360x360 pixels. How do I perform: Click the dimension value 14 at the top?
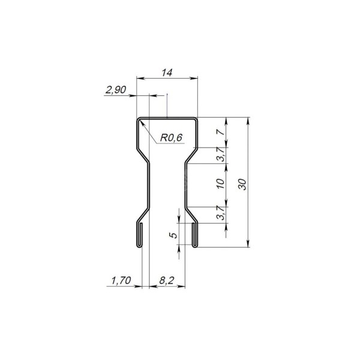pyautogui.click(x=167, y=73)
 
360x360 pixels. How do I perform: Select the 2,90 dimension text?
pyautogui.click(x=116, y=89)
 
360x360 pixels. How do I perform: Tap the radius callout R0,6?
pyautogui.click(x=171, y=138)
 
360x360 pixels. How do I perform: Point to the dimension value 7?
pyautogui.click(x=220, y=132)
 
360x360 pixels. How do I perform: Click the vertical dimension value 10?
pyautogui.click(x=220, y=184)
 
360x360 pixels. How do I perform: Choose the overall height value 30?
pyautogui.click(x=242, y=184)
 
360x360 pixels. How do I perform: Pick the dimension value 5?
pyautogui.click(x=173, y=235)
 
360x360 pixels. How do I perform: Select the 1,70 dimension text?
pyautogui.click(x=121, y=281)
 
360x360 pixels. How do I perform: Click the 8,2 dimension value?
pyautogui.click(x=166, y=281)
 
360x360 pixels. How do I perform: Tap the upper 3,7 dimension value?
pyautogui.click(x=221, y=154)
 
